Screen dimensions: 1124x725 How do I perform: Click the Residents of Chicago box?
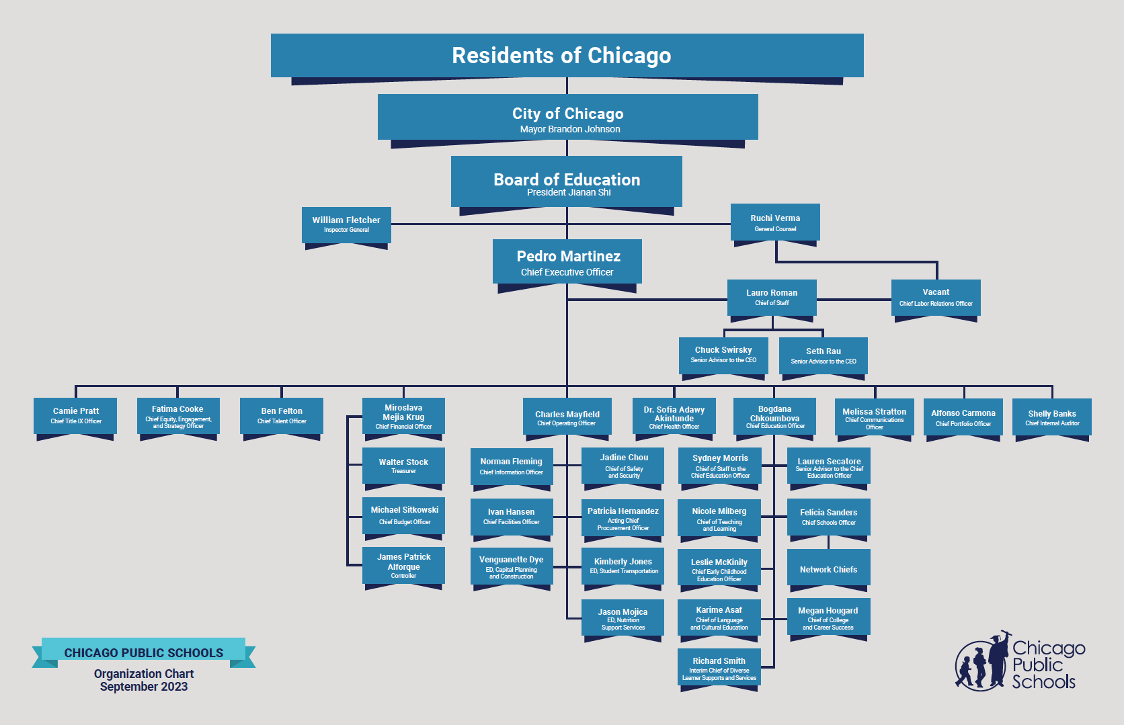tap(567, 56)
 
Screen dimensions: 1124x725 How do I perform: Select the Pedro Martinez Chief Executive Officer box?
tap(567, 262)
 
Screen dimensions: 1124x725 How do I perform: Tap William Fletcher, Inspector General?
tap(346, 225)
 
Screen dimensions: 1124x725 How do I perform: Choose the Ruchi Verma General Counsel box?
tap(775, 222)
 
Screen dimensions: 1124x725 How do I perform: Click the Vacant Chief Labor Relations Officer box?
tap(936, 298)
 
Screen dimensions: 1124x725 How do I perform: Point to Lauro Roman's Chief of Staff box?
tap(772, 298)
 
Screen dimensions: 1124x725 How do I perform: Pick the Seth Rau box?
tap(824, 356)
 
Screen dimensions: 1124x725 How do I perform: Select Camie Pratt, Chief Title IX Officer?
tap(75, 416)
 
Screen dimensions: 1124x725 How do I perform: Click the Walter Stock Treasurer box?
tap(403, 466)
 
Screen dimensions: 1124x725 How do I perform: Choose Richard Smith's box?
tap(719, 667)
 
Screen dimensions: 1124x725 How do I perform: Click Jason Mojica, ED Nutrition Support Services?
tap(623, 617)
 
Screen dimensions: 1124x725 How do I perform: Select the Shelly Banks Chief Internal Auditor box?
tap(1052, 417)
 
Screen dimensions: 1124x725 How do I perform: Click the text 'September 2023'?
tap(143, 687)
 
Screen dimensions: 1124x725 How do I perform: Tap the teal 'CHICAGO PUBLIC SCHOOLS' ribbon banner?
tap(143, 652)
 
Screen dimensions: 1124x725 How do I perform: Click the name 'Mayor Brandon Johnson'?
tap(570, 130)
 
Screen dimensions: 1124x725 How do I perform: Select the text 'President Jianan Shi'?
tap(569, 193)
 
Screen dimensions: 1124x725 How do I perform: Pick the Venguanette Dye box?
tap(512, 566)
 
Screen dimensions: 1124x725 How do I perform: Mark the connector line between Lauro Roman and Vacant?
tap(854, 300)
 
